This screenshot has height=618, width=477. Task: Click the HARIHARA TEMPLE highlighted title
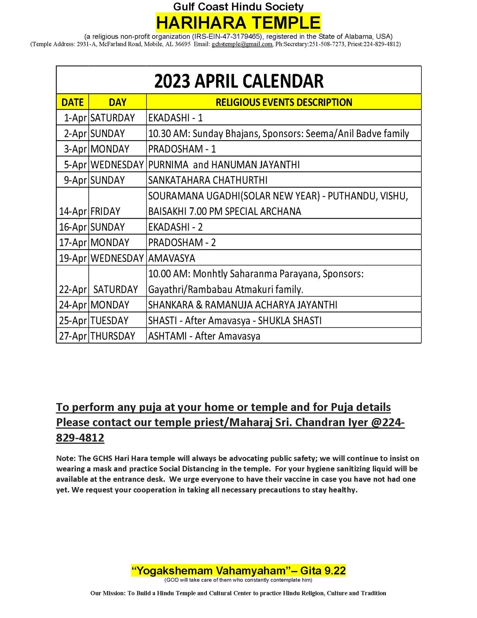click(238, 23)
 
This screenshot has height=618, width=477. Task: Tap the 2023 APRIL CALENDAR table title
click(238, 81)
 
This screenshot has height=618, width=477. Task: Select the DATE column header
click(73, 102)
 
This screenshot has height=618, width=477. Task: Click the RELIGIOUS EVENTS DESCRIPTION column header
click(284, 102)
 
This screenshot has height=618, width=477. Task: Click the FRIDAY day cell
click(105, 211)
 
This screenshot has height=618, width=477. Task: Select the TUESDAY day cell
click(109, 321)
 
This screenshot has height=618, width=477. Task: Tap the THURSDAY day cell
click(113, 336)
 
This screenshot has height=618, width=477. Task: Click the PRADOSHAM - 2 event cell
click(182, 243)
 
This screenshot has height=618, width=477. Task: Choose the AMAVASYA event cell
click(172, 258)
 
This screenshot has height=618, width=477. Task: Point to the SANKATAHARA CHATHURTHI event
click(208, 180)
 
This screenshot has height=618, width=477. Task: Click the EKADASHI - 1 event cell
click(176, 118)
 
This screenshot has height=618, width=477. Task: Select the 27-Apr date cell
click(73, 336)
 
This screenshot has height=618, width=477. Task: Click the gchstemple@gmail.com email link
click(242, 44)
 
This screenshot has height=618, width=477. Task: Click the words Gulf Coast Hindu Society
click(238, 7)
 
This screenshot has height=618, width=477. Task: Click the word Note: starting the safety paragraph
click(66, 458)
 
